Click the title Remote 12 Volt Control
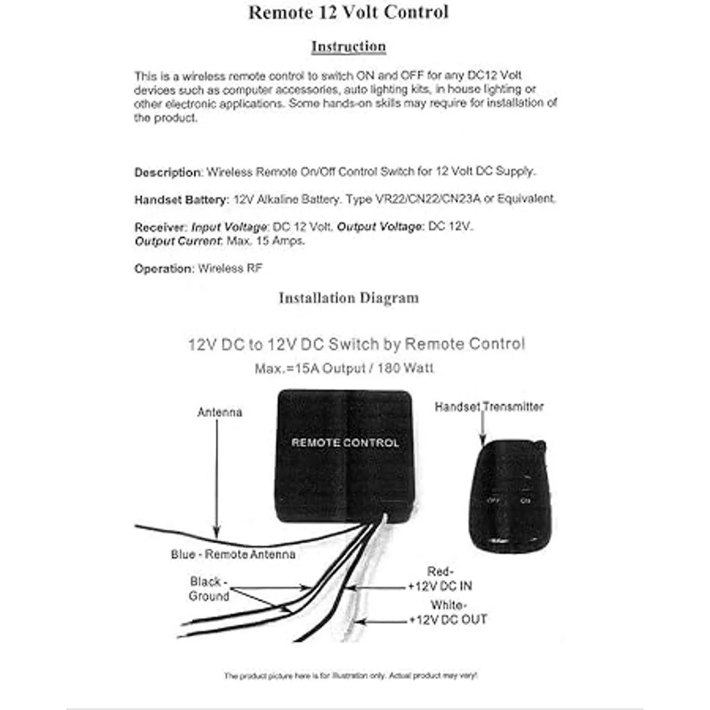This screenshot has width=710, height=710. click(x=348, y=12)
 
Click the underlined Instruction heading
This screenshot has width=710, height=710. click(x=348, y=47)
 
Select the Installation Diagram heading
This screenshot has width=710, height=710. click(x=348, y=298)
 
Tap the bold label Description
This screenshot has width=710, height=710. click(x=167, y=173)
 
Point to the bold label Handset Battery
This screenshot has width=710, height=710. click(x=181, y=200)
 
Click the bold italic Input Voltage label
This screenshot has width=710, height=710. click(x=229, y=227)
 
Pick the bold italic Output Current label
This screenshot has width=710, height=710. click(x=178, y=241)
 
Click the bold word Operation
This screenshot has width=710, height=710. click(x=164, y=269)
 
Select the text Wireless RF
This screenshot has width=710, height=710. click(x=230, y=269)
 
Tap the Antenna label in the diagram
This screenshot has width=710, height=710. click(x=220, y=412)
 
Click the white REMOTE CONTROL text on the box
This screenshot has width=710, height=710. click(x=345, y=443)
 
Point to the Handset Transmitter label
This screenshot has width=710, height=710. click(x=489, y=406)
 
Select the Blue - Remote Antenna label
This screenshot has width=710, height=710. click(x=233, y=554)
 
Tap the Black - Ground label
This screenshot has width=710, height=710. click(x=209, y=589)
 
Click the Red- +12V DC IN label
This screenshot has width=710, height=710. click(x=440, y=579)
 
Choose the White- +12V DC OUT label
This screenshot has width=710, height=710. click(x=448, y=613)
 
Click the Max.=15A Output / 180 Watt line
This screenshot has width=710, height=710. click(x=344, y=369)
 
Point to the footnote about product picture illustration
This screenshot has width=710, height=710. click(x=350, y=675)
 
